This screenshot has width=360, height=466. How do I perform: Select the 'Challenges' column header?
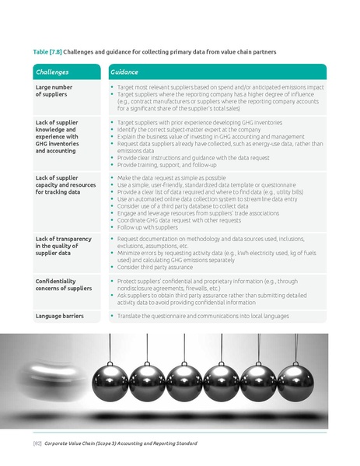pos(53,72)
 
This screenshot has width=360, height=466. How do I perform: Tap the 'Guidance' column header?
pos(124,72)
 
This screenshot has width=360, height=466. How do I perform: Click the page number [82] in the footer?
pos(37,443)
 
